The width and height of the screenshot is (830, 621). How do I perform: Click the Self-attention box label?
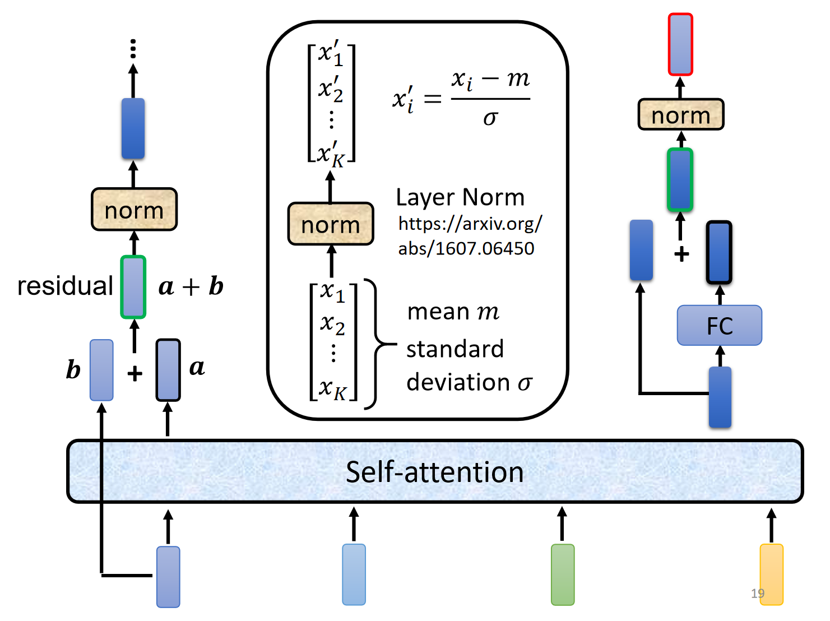coord(434,472)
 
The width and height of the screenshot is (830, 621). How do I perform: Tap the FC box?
coord(720,326)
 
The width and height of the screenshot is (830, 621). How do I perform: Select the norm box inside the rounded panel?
coord(331,224)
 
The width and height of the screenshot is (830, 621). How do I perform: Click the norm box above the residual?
coord(134,210)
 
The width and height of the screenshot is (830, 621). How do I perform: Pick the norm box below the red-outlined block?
coord(681,115)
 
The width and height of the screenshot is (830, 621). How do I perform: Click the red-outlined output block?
coord(680,44)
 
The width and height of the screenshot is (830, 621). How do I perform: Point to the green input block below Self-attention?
coord(563,574)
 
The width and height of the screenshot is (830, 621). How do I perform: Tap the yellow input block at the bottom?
coord(771,574)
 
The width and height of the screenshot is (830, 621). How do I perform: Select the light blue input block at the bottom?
coord(354,574)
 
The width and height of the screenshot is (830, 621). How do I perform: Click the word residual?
coord(65,286)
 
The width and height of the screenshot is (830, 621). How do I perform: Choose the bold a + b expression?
coord(191,286)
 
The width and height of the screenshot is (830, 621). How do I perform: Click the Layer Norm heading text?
coord(460,197)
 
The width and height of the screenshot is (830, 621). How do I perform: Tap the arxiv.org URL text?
coord(470,236)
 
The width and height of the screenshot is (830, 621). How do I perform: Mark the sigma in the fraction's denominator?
coord(490,118)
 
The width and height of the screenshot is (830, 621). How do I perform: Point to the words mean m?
coord(453,312)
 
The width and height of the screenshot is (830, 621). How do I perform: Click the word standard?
coord(455,349)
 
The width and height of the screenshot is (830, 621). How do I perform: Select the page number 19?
coord(758,593)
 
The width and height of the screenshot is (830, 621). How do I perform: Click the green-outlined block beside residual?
coord(133,287)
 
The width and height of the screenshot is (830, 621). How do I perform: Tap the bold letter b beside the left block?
coord(73,370)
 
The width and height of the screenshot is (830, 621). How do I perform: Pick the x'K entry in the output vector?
coord(331,155)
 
